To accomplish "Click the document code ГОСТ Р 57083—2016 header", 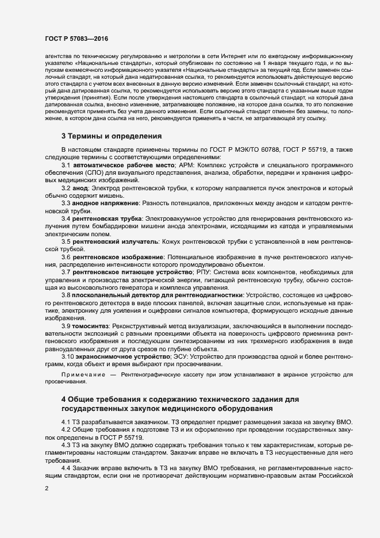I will [76, 39].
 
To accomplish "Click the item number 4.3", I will [67, 445].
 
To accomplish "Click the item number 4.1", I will [67, 422].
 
